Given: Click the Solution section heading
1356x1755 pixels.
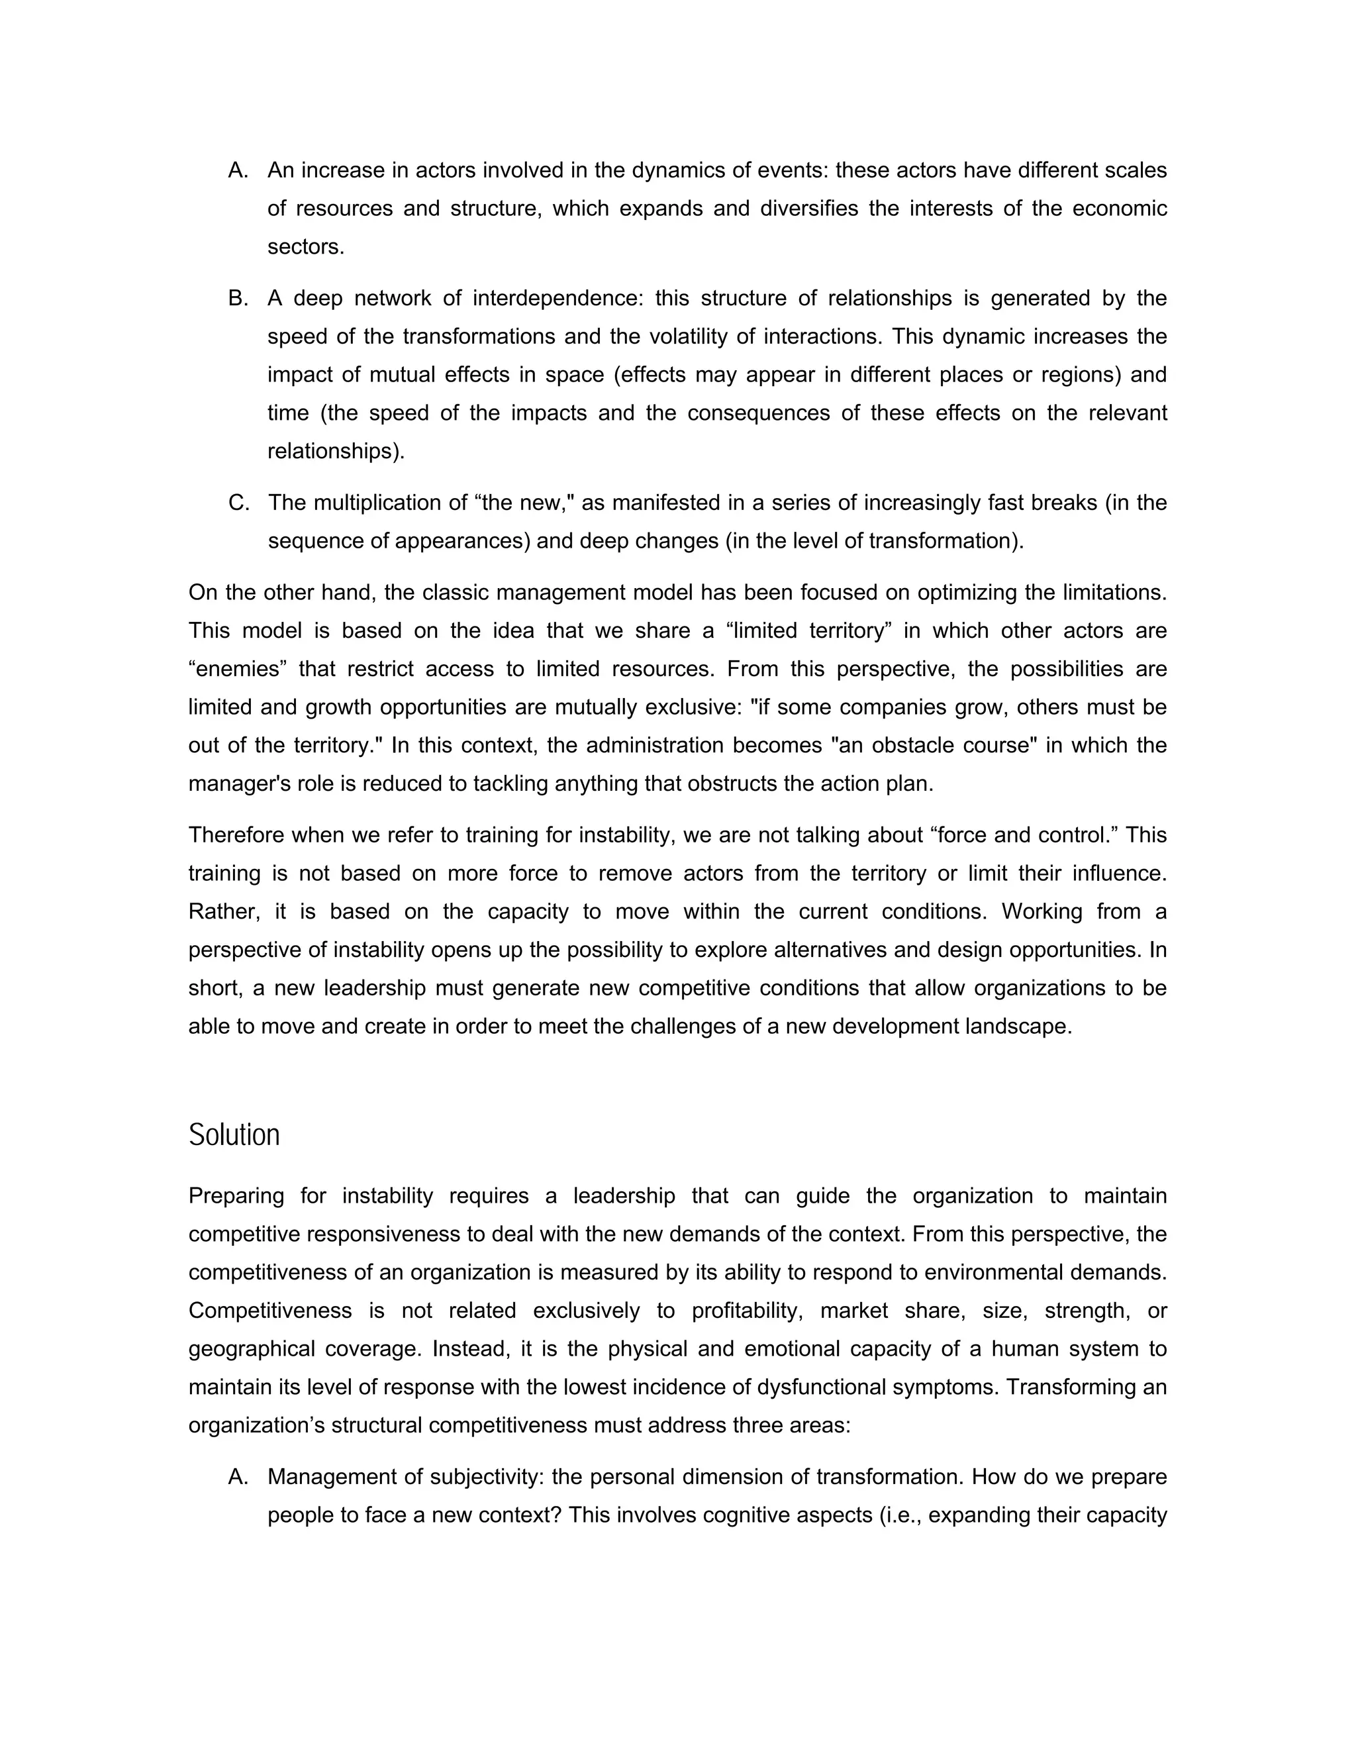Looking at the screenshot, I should click(x=234, y=1135).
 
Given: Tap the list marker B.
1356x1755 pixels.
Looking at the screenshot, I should click(x=237, y=298).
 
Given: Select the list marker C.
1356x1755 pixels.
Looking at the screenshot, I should click(x=238, y=503).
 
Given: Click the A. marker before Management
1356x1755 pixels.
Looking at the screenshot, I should click(x=237, y=1477).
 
